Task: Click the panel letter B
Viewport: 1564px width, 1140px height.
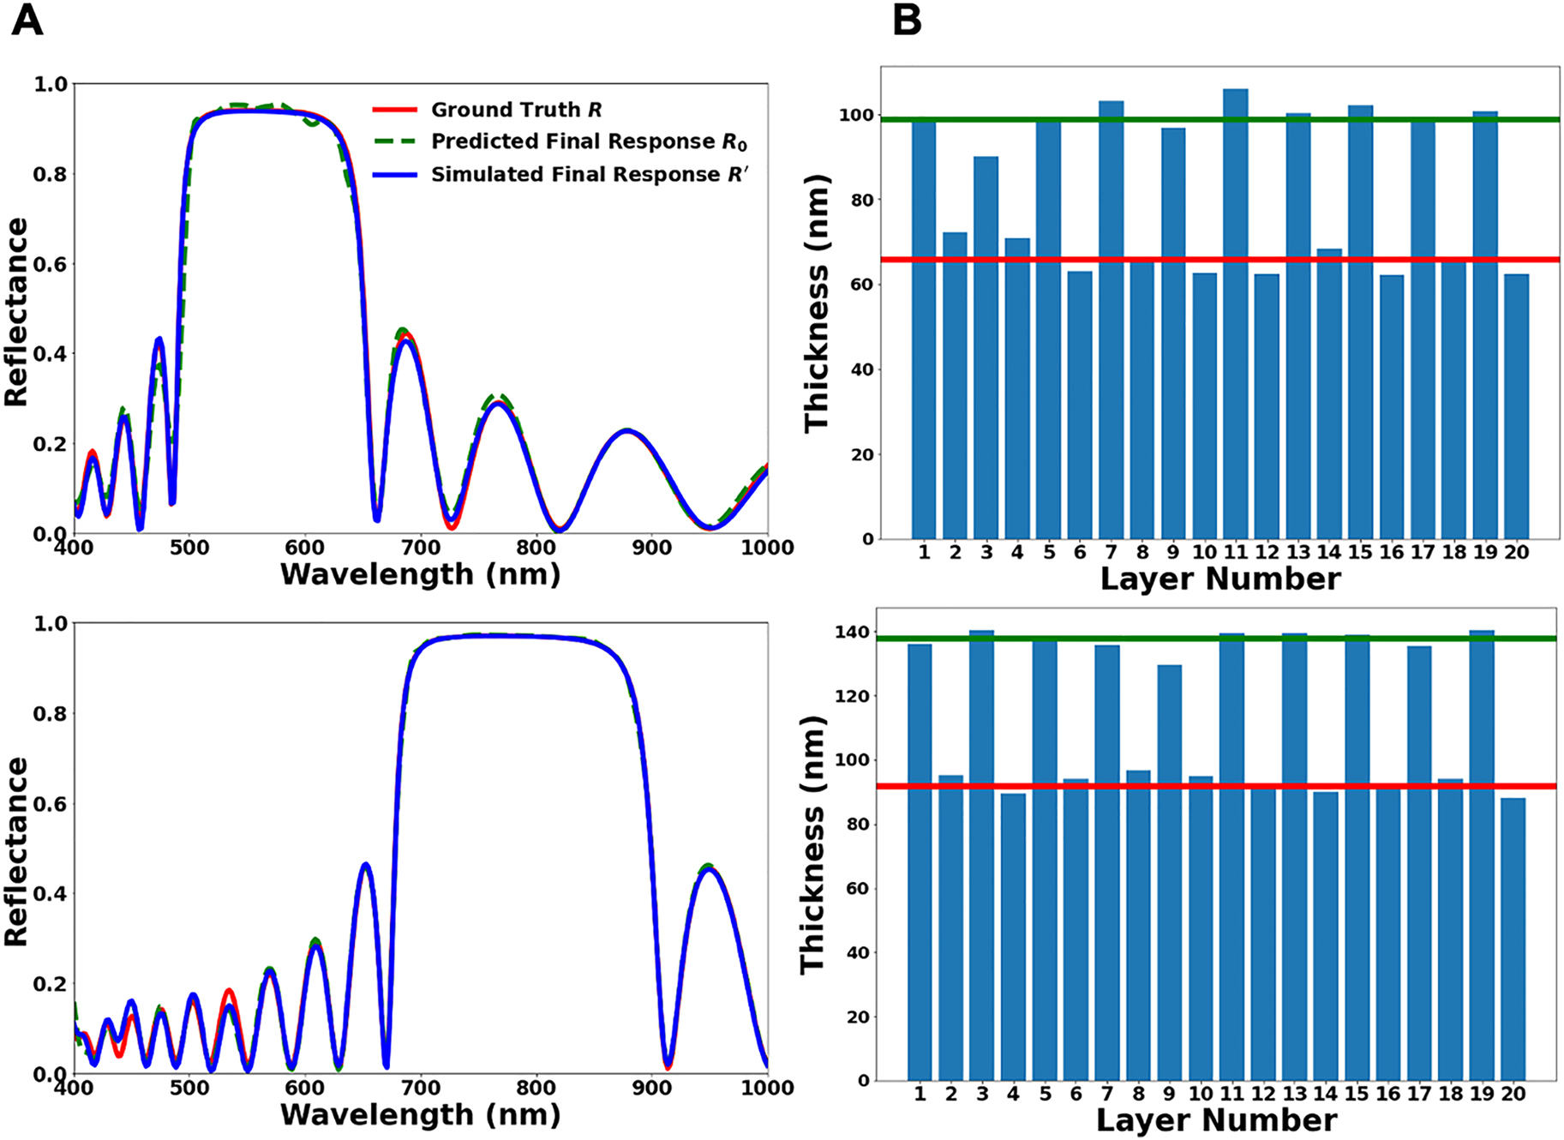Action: click(907, 21)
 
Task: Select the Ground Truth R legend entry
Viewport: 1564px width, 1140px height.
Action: click(516, 110)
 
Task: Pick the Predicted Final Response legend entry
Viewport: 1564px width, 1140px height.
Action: click(589, 141)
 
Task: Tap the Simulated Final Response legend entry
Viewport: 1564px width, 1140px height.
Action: click(589, 174)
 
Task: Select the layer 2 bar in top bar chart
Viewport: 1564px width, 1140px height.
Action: click(955, 386)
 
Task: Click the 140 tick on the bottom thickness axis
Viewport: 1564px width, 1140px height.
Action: click(855, 633)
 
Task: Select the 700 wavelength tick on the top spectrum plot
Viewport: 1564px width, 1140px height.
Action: click(421, 548)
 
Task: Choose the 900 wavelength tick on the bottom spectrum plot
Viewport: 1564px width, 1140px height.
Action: click(652, 1088)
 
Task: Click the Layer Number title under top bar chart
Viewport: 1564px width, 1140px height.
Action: click(1219, 579)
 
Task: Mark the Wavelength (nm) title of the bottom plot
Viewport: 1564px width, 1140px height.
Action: click(420, 1115)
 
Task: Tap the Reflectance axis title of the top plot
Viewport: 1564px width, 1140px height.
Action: click(16, 312)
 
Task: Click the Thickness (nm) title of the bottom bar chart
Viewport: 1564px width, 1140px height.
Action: click(812, 844)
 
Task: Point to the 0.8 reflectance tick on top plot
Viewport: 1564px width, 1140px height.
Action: click(50, 174)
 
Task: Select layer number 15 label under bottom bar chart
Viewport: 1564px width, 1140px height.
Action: click(1357, 1094)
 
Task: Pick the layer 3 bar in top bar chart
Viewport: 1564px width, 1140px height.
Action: click(986, 347)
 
